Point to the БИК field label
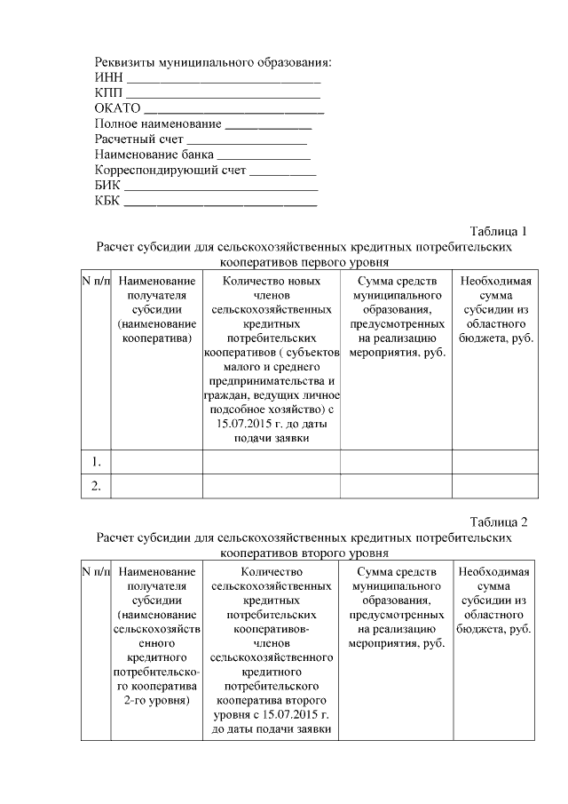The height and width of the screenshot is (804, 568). (107, 185)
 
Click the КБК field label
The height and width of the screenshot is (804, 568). (107, 200)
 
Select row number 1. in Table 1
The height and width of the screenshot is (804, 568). (96, 461)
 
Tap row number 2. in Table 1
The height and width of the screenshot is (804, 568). (96, 485)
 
